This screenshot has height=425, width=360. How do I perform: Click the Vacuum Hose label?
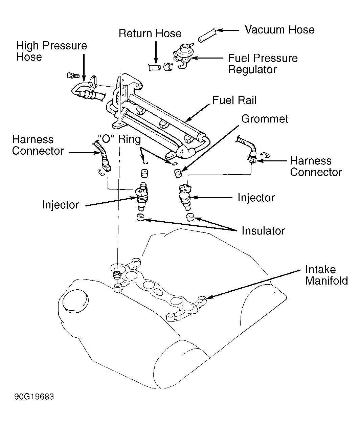(x=279, y=30)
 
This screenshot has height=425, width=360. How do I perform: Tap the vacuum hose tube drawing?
(x=207, y=36)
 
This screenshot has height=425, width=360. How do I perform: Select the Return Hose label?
(x=150, y=33)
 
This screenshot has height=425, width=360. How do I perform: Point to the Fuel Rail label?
(x=234, y=100)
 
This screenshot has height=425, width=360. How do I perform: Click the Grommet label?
(x=265, y=119)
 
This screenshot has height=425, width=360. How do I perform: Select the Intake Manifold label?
(x=327, y=275)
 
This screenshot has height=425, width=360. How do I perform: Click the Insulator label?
(x=263, y=231)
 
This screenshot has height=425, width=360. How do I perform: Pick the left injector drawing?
(x=142, y=196)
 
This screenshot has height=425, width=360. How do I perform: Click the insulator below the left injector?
(x=140, y=217)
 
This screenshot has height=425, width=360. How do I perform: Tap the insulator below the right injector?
(x=190, y=217)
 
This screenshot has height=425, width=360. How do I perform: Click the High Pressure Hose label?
(x=52, y=51)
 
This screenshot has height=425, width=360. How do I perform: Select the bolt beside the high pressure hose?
(x=73, y=75)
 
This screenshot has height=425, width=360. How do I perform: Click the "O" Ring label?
(x=119, y=139)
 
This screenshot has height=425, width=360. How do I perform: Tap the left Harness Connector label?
(x=38, y=145)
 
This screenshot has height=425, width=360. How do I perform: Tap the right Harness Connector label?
(x=316, y=166)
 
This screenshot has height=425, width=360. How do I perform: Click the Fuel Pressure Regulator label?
(x=263, y=64)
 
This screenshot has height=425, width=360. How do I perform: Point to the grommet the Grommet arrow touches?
(x=178, y=173)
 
